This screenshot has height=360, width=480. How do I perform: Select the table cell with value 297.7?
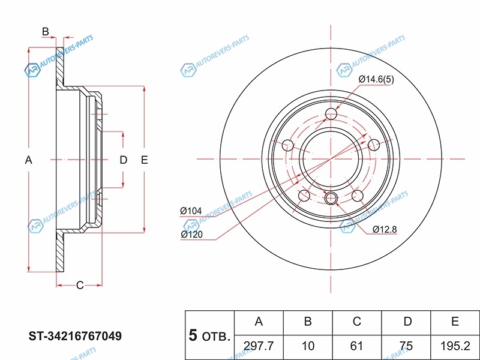259,346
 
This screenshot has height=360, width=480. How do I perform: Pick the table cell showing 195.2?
455,346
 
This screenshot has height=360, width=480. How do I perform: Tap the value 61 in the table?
356,346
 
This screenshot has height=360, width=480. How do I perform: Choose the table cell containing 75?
407,346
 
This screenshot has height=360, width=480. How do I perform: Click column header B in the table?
307,322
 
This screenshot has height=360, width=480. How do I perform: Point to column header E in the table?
455,322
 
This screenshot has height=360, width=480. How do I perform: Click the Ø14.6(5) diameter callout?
376,79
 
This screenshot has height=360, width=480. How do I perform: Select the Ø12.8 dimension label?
384,229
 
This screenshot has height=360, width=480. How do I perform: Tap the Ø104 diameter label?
191,211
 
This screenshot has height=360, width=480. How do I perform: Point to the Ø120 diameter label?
191,235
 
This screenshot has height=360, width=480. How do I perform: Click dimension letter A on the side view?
28,160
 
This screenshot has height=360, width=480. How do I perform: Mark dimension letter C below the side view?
79,285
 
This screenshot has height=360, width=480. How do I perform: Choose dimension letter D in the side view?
123,160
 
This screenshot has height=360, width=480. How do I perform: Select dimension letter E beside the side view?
144,160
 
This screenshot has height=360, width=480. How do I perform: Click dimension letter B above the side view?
45,31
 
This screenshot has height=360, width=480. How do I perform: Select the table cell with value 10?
307,346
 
